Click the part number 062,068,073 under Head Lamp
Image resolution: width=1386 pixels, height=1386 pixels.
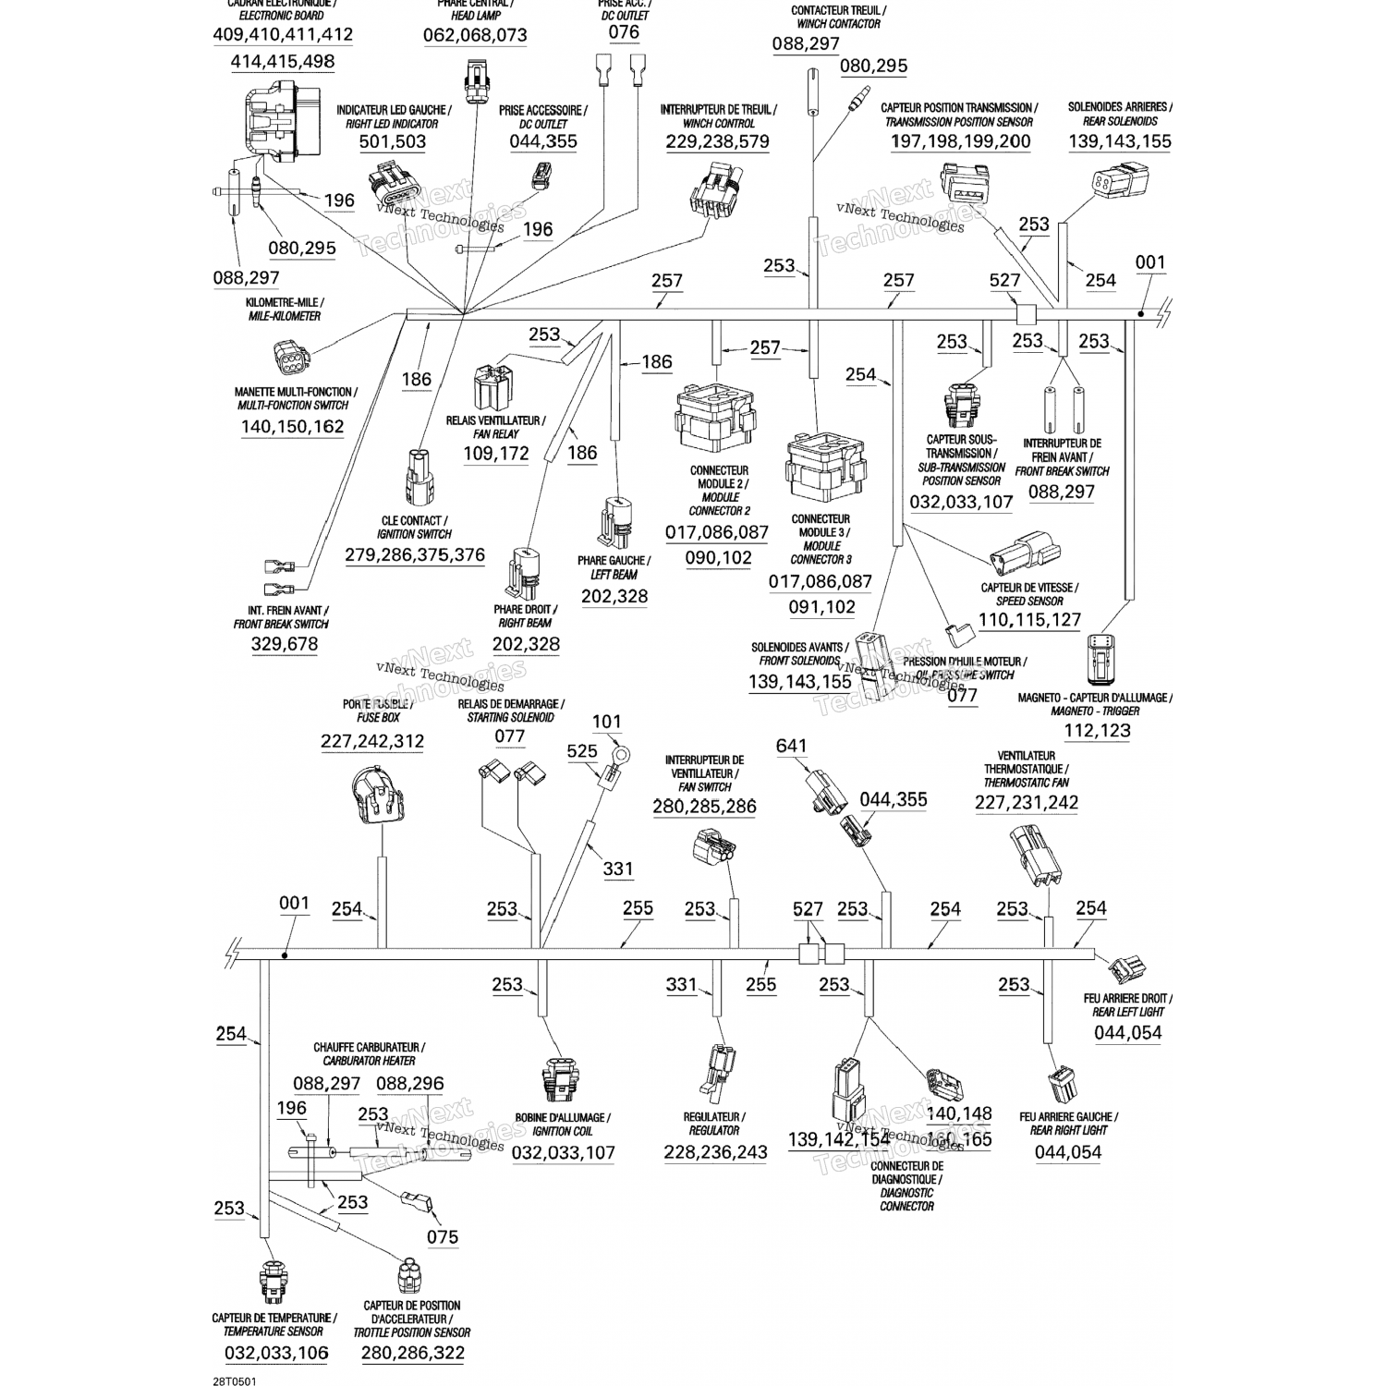tap(475, 36)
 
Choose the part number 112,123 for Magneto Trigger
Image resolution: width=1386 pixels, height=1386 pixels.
tap(1097, 731)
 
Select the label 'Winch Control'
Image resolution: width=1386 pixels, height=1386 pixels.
tap(718, 123)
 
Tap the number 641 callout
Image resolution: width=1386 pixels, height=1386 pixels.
tap(791, 746)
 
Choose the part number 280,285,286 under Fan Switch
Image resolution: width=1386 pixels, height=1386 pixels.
tap(704, 807)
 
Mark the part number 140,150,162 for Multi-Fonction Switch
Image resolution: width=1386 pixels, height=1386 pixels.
tap(292, 427)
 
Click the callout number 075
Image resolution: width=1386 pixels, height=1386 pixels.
tap(443, 1236)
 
